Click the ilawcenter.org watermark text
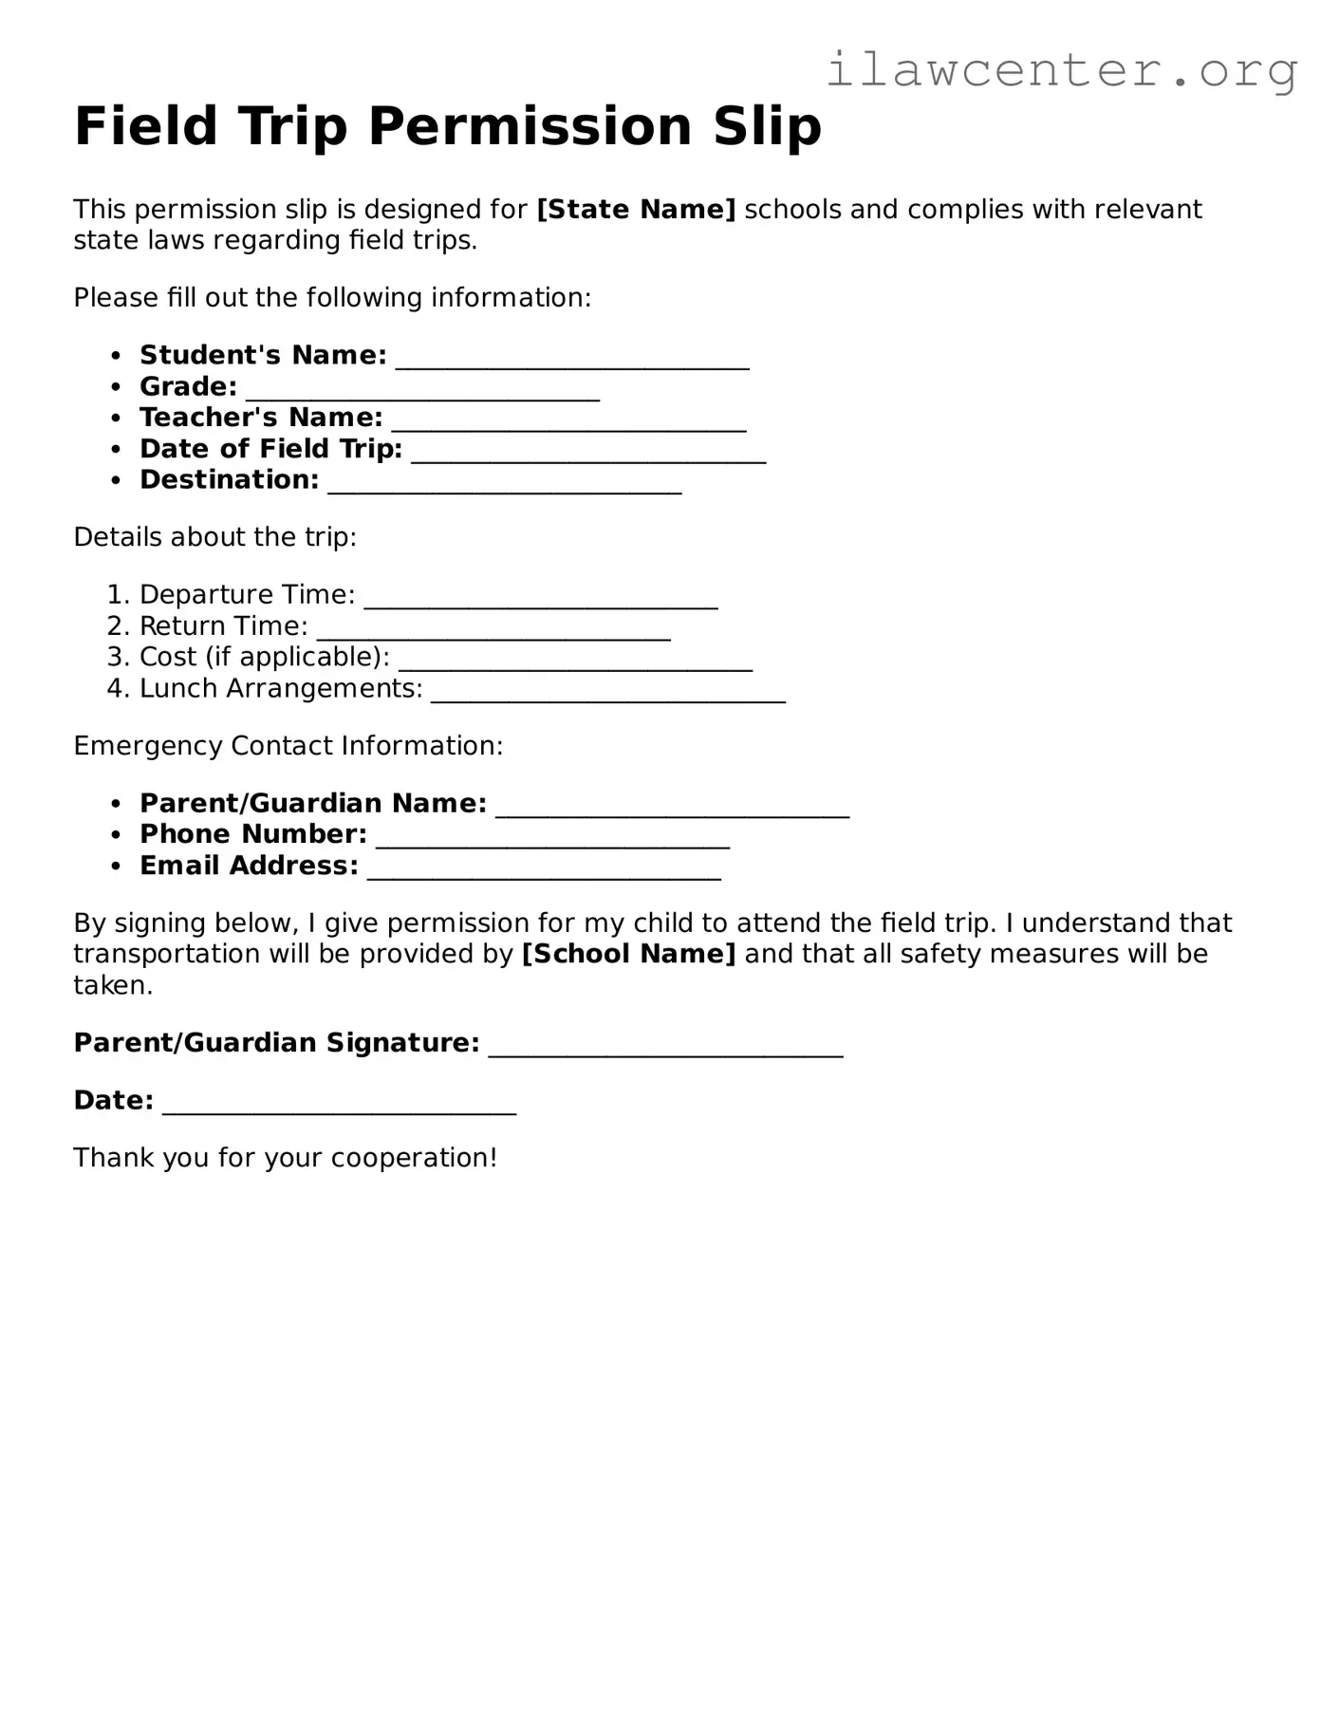[x=1061, y=70]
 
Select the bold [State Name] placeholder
[x=636, y=210]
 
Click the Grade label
[x=188, y=387]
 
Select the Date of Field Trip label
[x=270, y=449]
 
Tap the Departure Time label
[x=247, y=595]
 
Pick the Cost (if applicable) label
[x=264, y=657]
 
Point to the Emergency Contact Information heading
[x=288, y=746]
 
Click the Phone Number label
[x=252, y=834]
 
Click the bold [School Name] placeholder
[x=628, y=954]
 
